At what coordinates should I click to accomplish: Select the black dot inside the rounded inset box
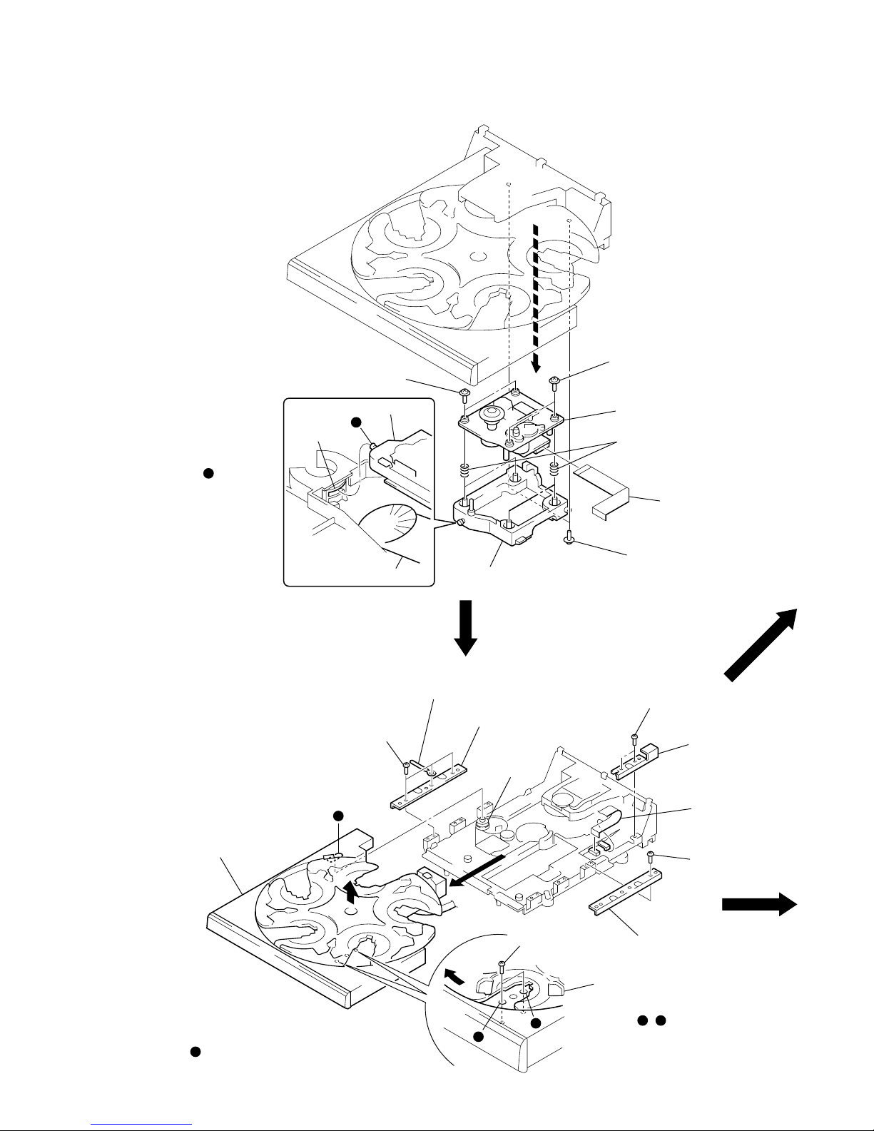click(x=357, y=422)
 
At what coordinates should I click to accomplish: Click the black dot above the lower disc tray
click(x=339, y=816)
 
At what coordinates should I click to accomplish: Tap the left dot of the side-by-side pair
click(x=641, y=1021)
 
